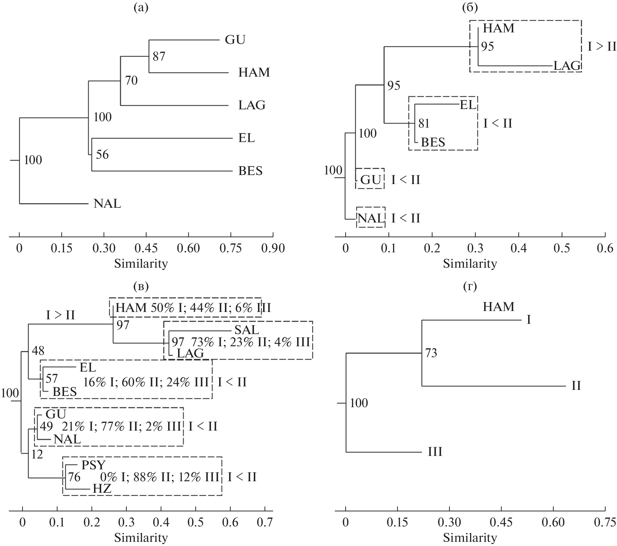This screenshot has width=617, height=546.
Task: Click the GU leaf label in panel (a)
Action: [x=235, y=40]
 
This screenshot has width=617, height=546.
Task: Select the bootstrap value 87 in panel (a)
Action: [x=159, y=56]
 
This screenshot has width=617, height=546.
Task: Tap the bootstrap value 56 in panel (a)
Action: [x=102, y=155]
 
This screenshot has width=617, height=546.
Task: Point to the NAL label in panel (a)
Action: [x=107, y=204]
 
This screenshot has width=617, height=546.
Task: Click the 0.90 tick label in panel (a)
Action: [x=273, y=248]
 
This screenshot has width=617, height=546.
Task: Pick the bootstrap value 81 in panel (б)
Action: [x=424, y=123]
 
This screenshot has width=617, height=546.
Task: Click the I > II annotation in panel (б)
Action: [x=602, y=47]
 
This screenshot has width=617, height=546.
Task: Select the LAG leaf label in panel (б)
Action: [x=567, y=66]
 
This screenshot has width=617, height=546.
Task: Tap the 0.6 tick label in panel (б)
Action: [x=605, y=248]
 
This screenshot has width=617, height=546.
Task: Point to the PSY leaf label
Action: [x=93, y=465]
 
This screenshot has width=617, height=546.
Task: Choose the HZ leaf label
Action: [x=102, y=489]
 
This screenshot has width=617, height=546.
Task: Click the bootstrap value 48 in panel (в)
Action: [x=38, y=351]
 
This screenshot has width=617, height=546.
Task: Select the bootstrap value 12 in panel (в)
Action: [x=37, y=454]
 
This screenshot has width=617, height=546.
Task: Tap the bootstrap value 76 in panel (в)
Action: [x=74, y=477]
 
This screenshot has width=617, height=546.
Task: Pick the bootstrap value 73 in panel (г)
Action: [x=431, y=353]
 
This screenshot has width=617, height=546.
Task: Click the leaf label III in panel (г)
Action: [x=435, y=452]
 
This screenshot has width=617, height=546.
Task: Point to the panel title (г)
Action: [x=470, y=286]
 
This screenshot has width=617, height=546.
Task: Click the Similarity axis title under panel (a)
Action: [x=141, y=264]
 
